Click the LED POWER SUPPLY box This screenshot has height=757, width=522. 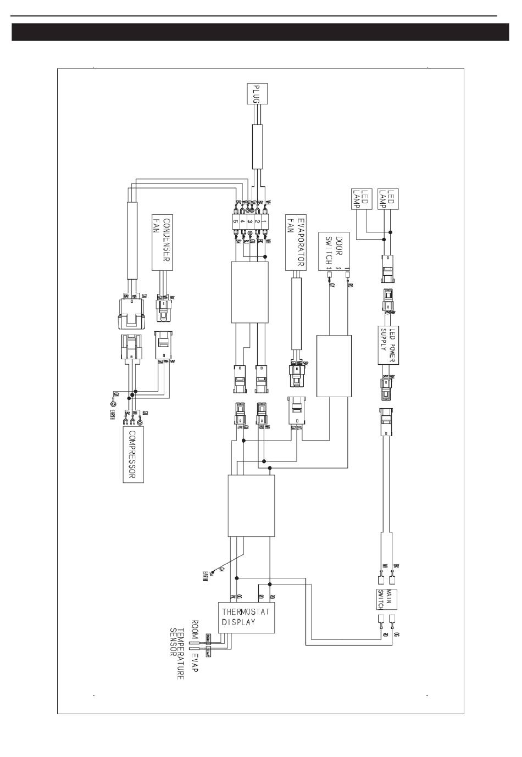click(387, 345)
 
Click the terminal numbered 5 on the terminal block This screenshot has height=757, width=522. click(235, 221)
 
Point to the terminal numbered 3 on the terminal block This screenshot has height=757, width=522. click(249, 221)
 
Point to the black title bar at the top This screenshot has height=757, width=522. click(261, 32)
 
